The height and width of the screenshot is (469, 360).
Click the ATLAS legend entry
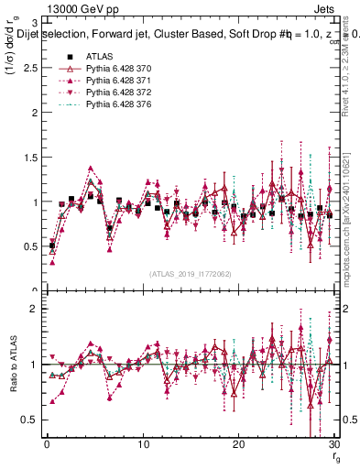[x=98, y=58]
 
